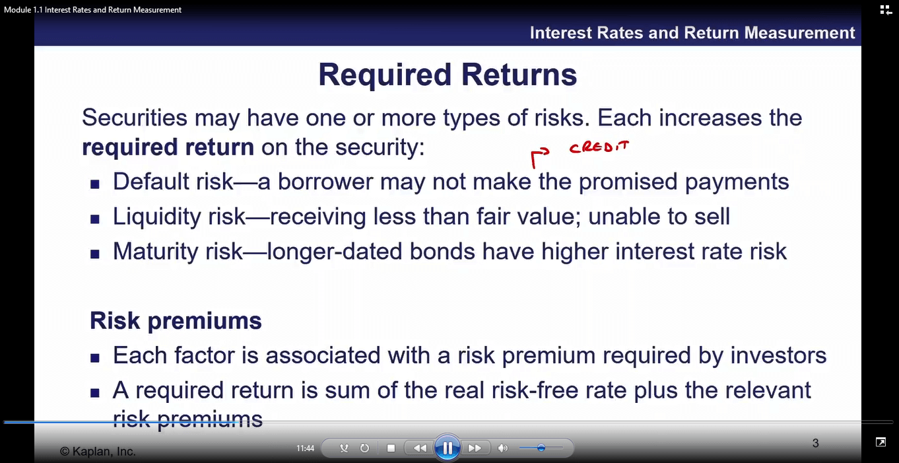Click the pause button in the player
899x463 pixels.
pos(447,447)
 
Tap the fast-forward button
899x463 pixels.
pos(475,448)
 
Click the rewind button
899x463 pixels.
pos(420,448)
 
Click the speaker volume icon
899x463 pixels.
pos(502,448)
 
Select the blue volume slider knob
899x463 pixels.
pos(541,447)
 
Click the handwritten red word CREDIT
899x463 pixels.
pos(599,147)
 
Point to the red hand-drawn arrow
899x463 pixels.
pos(538,157)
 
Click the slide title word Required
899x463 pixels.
pos(385,75)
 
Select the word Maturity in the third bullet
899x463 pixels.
pos(156,252)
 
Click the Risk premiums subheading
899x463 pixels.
pos(176,321)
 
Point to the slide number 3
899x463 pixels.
pos(816,443)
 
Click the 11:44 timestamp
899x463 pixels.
pos(305,448)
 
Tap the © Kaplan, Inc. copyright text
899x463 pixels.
pos(98,451)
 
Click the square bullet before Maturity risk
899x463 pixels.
pos(94,254)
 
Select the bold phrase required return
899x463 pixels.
pos(168,147)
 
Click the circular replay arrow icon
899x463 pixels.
pos(364,448)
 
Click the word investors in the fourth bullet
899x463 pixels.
pos(778,355)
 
